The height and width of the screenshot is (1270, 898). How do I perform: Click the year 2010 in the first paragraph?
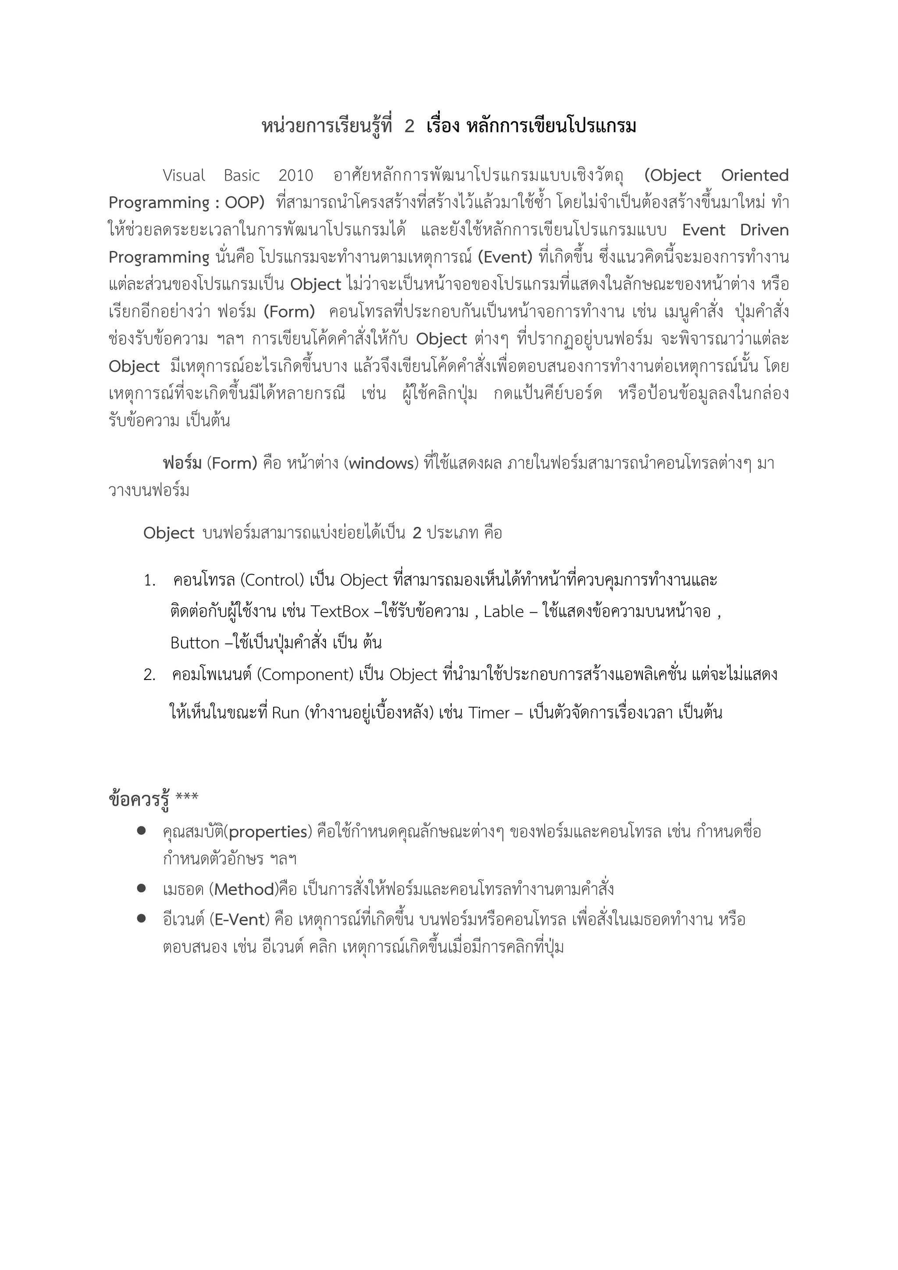point(295,176)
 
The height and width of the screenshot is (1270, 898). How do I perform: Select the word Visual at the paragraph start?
point(184,176)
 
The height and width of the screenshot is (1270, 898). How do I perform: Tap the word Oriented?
point(754,176)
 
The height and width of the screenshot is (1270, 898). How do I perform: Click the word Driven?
point(764,230)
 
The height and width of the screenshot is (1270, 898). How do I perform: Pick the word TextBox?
point(339,612)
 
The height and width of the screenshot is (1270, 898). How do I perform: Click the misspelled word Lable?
point(503,612)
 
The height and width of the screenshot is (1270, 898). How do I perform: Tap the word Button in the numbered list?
point(195,643)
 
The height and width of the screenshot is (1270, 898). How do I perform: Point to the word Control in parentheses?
point(272,580)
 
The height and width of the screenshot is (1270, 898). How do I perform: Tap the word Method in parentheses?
point(244,890)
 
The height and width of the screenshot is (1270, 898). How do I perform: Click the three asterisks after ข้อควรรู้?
point(186,798)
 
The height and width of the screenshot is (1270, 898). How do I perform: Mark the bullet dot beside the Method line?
point(142,888)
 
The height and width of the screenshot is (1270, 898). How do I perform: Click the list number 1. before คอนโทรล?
point(149,581)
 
